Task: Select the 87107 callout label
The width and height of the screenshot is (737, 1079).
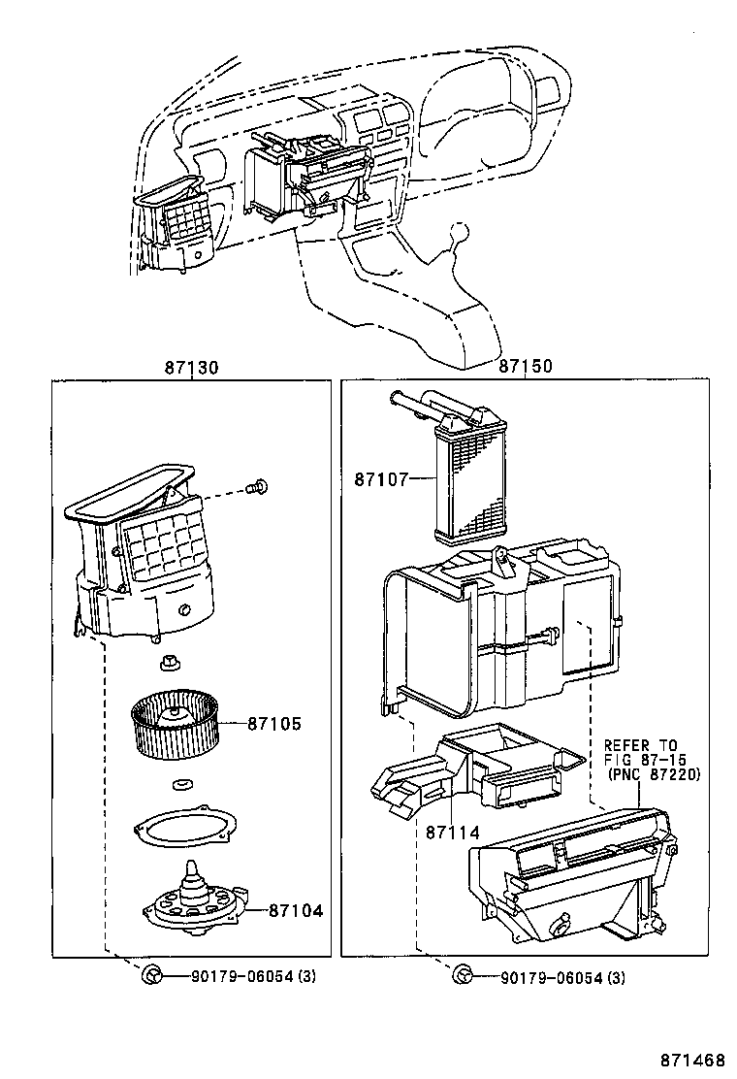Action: coord(381,479)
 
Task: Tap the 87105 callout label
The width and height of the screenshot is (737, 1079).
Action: coord(274,723)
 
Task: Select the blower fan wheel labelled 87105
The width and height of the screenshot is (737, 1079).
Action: coord(176,724)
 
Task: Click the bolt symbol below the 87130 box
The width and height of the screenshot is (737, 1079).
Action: coord(150,974)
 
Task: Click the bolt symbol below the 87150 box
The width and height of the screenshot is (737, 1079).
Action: coord(463,974)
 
